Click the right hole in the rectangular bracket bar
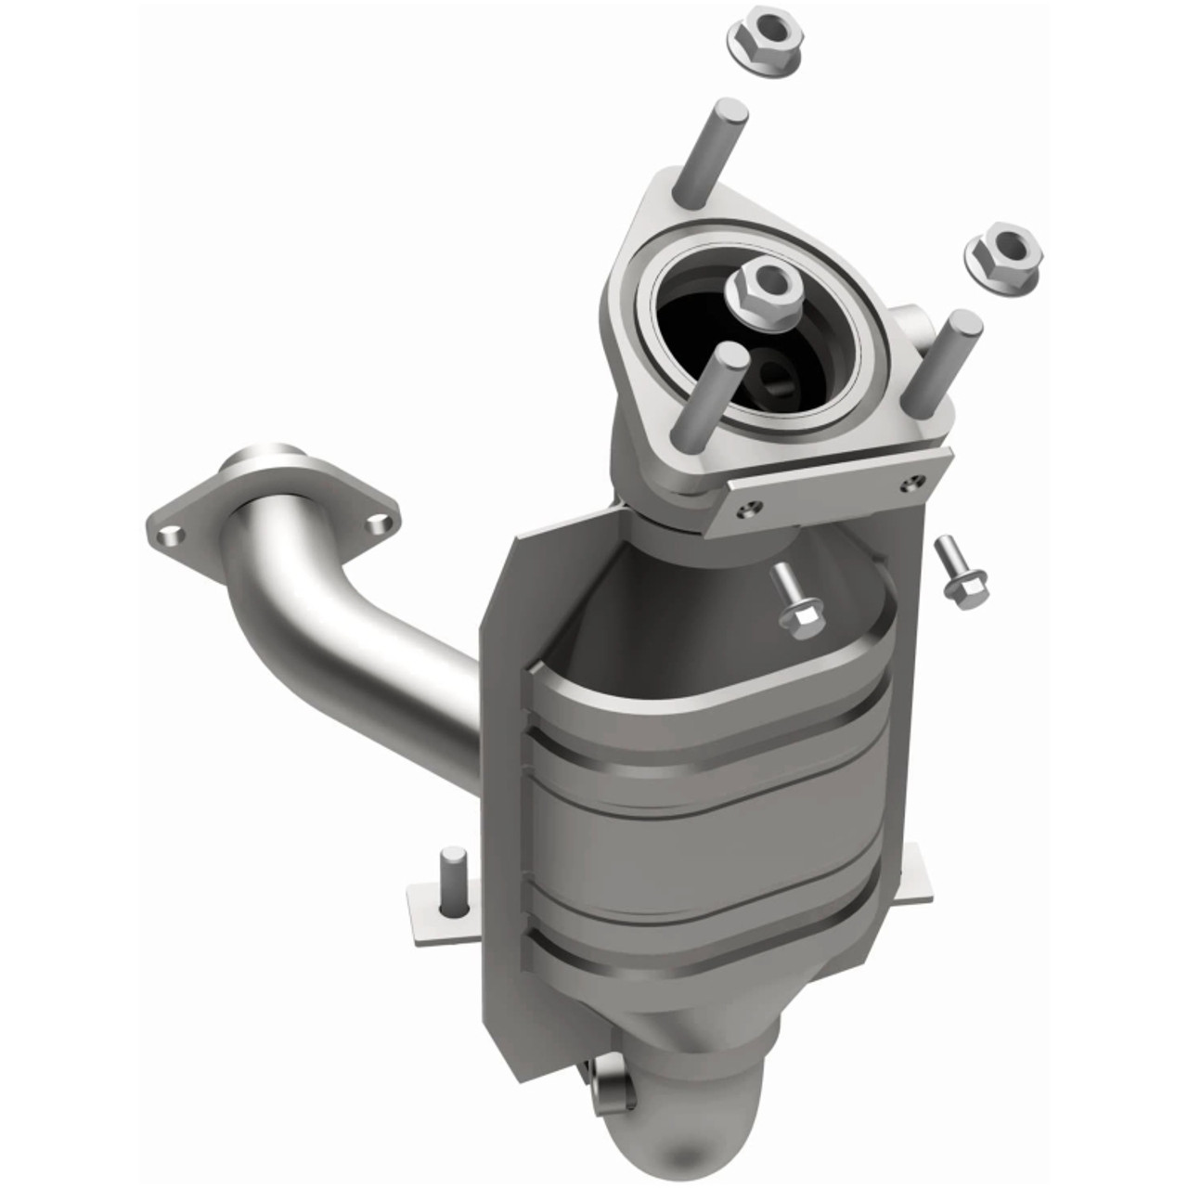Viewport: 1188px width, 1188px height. [x=917, y=481]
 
